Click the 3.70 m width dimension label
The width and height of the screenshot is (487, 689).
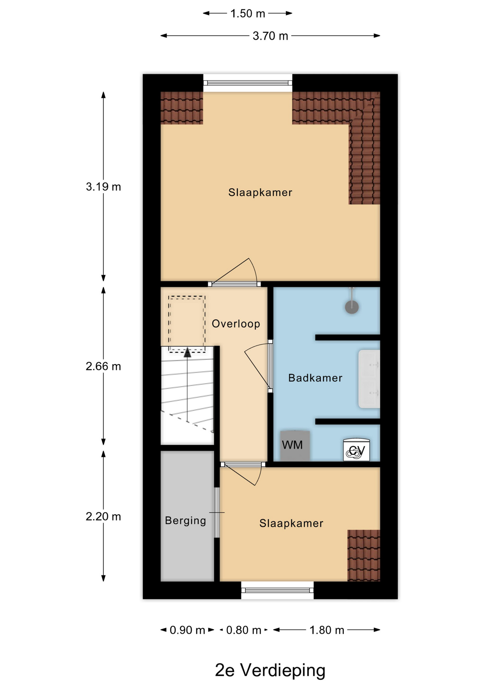[270, 36]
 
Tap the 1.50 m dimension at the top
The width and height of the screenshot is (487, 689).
[247, 14]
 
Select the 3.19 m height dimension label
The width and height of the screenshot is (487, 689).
[103, 187]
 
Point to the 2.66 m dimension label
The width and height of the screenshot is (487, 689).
[103, 366]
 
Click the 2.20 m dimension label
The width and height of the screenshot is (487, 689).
[103, 516]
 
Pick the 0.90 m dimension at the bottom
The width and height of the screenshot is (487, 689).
[187, 630]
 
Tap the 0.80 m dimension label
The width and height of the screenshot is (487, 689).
[243, 630]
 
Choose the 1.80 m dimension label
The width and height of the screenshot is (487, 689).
[327, 630]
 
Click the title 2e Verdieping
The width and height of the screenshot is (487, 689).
[270, 670]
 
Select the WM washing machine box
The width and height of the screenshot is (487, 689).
[295, 446]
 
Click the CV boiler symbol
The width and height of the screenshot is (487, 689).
[356, 450]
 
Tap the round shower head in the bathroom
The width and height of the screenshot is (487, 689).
[352, 307]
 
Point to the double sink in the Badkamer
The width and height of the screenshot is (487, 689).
[369, 379]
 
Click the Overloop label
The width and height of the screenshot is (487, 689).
[236, 324]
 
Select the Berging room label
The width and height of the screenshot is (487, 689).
[185, 521]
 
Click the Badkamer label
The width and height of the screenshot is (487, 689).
[315, 378]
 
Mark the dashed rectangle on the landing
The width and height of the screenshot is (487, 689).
[187, 324]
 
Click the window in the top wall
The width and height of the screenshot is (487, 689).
[248, 83]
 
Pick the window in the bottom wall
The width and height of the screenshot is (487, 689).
[277, 590]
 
